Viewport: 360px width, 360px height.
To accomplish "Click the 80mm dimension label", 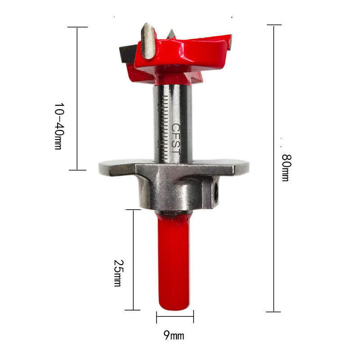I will pyautogui.click(x=285, y=167).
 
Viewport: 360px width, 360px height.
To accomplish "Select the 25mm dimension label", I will pyautogui.click(x=118, y=274).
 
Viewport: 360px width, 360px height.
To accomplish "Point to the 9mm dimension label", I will pyautogui.click(x=174, y=335).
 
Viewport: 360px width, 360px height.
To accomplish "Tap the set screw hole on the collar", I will pyautogui.click(x=216, y=190).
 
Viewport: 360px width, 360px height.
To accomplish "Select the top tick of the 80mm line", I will pyautogui.click(x=274, y=25).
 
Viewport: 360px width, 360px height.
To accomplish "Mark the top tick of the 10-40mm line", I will pyautogui.click(x=77, y=27).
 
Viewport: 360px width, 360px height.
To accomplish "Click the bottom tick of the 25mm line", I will pyautogui.click(x=133, y=310).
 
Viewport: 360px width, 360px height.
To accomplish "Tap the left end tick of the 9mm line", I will pyautogui.click(x=157, y=317).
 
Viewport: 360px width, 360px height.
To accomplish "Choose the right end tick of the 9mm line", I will pyautogui.click(x=193, y=317).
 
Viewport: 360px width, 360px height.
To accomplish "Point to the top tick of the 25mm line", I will pyautogui.click(x=133, y=210).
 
